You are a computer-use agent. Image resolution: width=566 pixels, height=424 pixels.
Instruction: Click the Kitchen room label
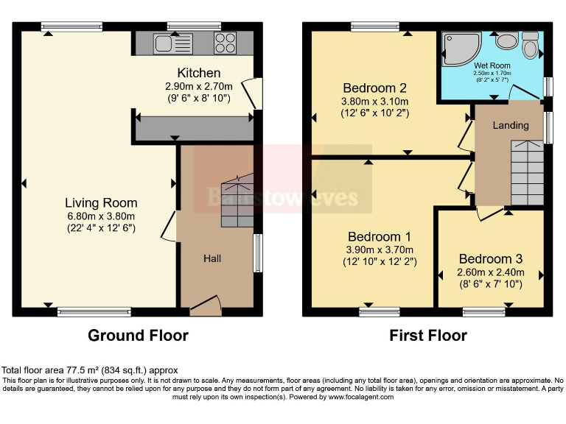click(x=199, y=73)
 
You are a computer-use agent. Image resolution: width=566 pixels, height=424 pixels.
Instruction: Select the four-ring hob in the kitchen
click(x=225, y=43)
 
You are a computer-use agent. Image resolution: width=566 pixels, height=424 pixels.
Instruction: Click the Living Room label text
click(x=101, y=202)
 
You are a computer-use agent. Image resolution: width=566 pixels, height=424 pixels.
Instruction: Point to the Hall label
click(x=212, y=258)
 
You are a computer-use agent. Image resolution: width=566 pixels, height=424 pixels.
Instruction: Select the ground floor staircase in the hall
click(x=237, y=199)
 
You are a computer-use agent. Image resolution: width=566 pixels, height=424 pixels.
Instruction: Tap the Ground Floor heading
click(x=138, y=336)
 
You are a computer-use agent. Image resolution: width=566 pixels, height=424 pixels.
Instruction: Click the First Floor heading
click(x=428, y=336)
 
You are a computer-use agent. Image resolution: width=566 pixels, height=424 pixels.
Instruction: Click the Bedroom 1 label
click(x=380, y=237)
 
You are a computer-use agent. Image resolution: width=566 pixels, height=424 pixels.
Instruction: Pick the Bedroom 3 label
click(x=490, y=258)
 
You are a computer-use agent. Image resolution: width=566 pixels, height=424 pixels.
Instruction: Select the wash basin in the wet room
click(x=506, y=40)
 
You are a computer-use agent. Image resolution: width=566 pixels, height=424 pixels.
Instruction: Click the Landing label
click(x=511, y=126)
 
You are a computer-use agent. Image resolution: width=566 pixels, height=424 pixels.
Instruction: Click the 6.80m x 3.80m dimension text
click(x=101, y=216)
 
